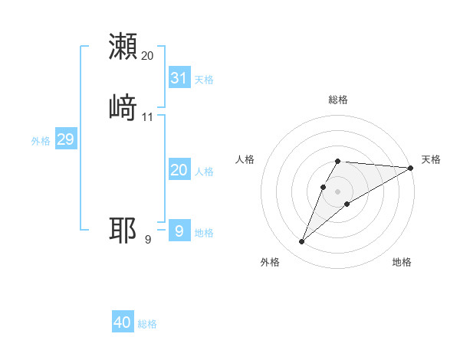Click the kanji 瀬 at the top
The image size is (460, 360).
(x=123, y=47)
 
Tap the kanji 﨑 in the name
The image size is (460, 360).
(x=123, y=106)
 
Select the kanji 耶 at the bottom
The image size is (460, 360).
(x=123, y=230)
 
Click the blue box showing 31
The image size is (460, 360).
(x=179, y=78)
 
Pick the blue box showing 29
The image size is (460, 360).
(x=65, y=139)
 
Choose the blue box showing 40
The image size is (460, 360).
(x=123, y=322)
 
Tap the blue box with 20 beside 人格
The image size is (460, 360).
(x=179, y=170)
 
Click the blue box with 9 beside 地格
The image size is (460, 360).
(x=179, y=230)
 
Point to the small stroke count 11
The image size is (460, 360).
(x=148, y=117)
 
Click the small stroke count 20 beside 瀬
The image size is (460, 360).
(x=148, y=56)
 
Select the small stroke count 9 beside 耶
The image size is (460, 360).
(x=148, y=240)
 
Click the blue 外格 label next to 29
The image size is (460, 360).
(x=41, y=141)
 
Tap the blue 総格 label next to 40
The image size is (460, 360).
(x=147, y=324)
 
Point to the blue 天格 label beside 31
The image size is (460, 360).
(x=204, y=80)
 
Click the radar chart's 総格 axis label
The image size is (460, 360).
(x=338, y=100)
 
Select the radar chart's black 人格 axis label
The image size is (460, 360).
(x=245, y=159)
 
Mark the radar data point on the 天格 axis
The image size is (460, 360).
(x=411, y=168)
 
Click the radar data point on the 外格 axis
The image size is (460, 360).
(x=301, y=242)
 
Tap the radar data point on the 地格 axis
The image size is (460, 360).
(x=347, y=204)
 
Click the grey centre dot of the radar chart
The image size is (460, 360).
(x=338, y=191)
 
